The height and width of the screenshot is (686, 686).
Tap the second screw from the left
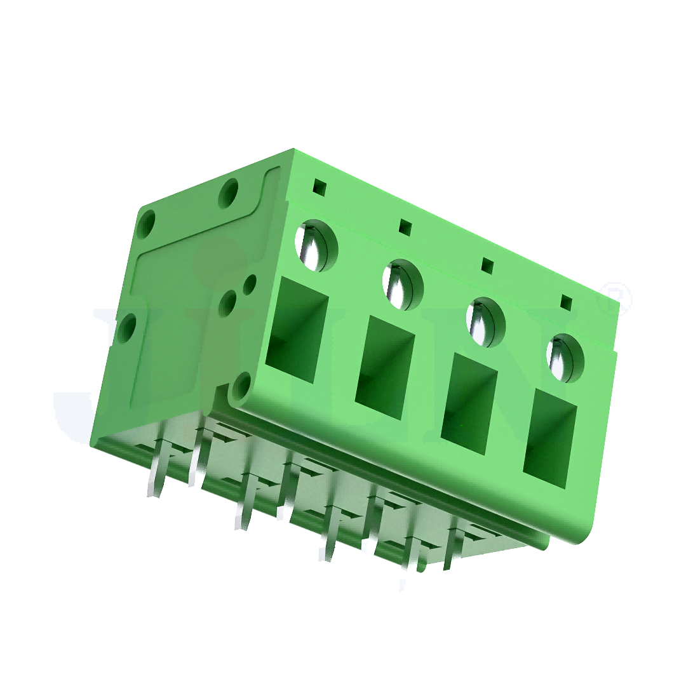point(402,284)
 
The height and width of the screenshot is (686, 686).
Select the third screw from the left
point(485,321)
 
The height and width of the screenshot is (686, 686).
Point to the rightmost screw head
point(565,358)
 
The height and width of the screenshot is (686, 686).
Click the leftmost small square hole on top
point(320,187)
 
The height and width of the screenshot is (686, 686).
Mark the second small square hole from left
point(404,225)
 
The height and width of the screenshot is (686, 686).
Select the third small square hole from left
point(487,264)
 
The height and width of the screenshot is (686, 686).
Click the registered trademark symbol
point(618,298)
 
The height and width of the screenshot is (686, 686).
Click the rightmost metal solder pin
point(452,559)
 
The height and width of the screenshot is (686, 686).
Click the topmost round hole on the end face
point(228,192)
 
